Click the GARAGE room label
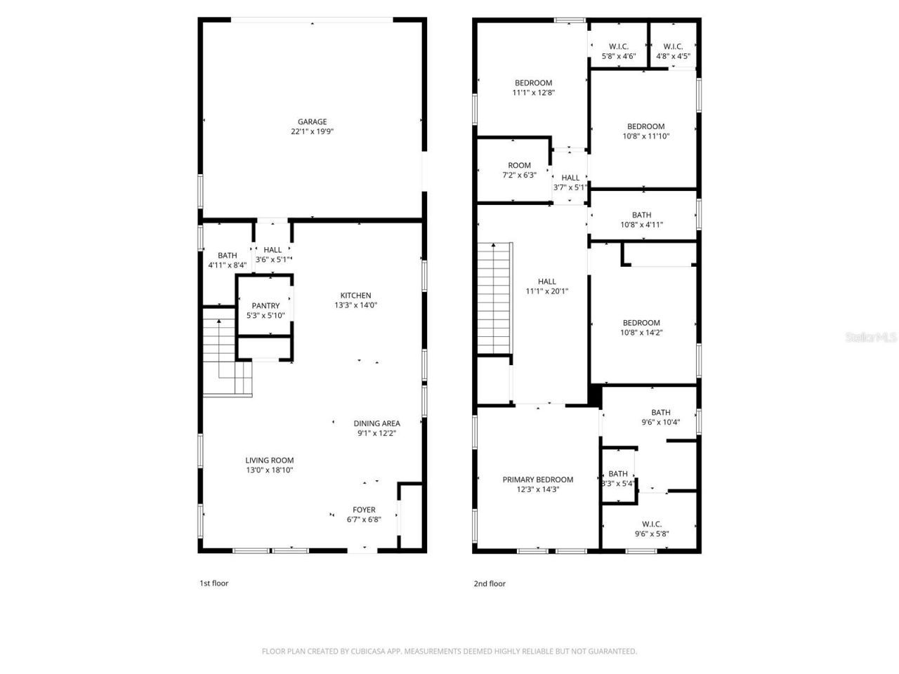[x=312, y=121]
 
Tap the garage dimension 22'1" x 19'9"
[x=312, y=131]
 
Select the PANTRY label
[x=265, y=305]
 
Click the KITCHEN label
[x=355, y=295]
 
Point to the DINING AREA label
[x=376, y=423]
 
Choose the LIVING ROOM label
[x=269, y=461]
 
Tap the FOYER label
[x=364, y=510]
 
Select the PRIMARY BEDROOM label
[x=537, y=480]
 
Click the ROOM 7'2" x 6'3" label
[x=519, y=166]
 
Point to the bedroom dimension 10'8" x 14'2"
[x=641, y=333]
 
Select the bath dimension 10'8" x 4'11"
[x=641, y=225]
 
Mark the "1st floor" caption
[x=214, y=583]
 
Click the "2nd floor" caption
[x=490, y=583]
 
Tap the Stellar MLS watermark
[x=871, y=338]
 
